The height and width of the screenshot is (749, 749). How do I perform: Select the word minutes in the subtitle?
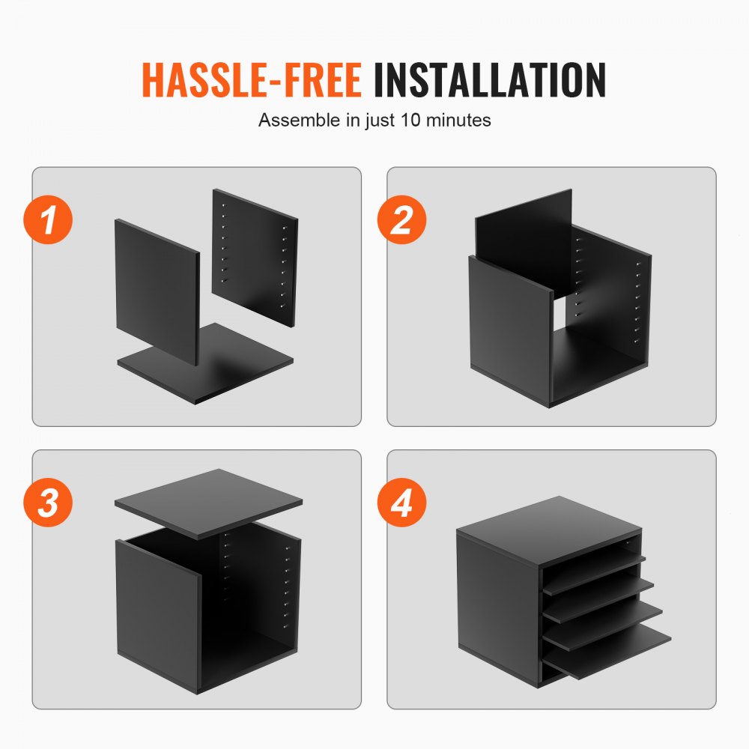(459, 120)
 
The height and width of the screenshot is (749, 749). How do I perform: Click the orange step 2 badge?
(403, 220)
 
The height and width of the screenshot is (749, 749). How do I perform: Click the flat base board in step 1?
(240, 367)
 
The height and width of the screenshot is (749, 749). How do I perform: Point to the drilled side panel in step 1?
(255, 255)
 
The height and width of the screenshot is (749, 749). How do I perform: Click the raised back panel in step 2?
(524, 225)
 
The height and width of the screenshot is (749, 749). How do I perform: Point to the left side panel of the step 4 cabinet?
(498, 607)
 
